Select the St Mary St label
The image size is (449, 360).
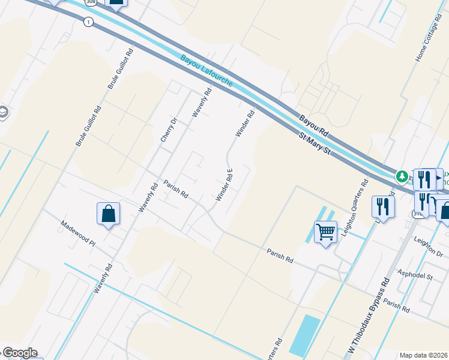[315, 146]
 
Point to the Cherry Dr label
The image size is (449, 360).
[168, 130]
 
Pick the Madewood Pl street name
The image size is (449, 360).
[77, 233]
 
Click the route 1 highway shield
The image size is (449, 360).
[89, 22]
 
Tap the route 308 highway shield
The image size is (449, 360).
[91, 2]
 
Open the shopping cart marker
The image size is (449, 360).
[325, 231]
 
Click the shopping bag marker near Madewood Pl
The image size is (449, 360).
[108, 214]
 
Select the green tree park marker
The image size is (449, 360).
[402, 177]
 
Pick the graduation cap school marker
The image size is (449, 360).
[3, 112]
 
